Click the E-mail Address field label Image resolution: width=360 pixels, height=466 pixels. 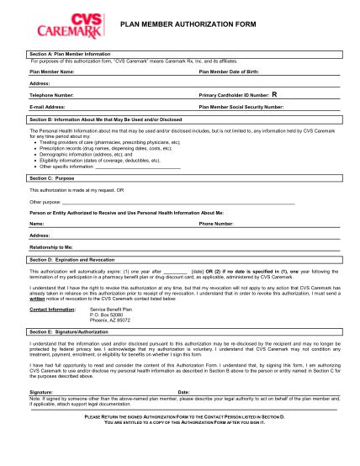point(48,108)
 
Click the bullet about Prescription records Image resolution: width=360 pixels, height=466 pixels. point(107,149)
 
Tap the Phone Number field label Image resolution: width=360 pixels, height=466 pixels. point(216,225)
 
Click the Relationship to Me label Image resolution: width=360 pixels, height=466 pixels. point(51,248)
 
